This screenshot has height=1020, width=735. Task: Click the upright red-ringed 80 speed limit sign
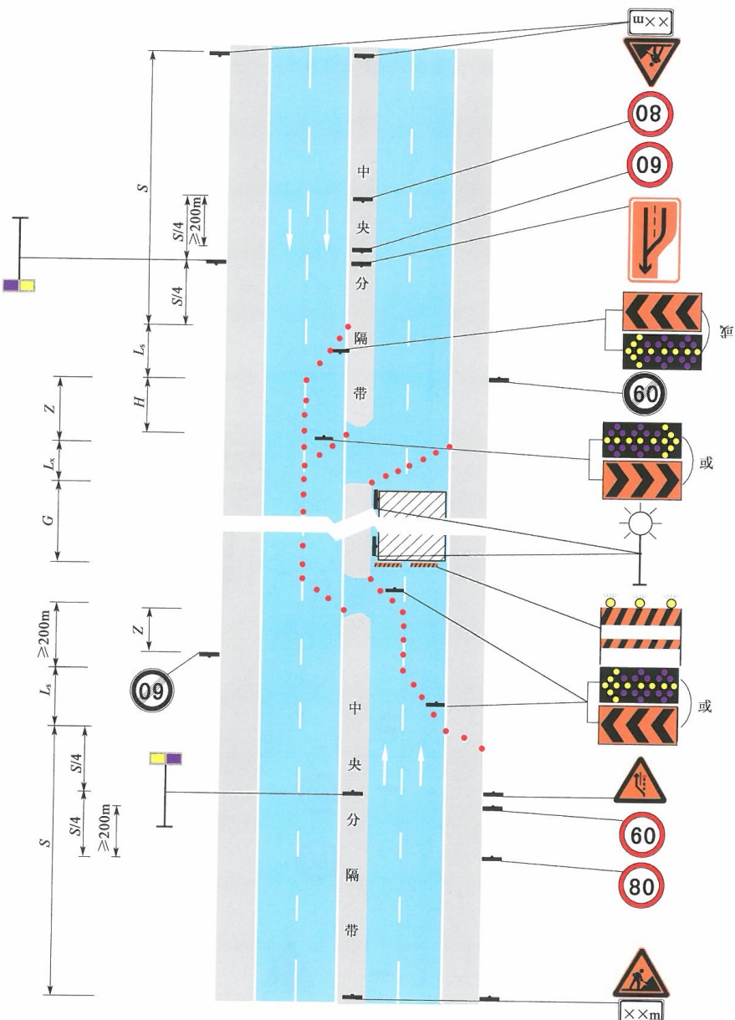(x=641, y=885)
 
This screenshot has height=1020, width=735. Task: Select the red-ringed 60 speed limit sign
(x=642, y=834)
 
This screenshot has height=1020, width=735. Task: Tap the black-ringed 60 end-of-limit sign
(x=645, y=394)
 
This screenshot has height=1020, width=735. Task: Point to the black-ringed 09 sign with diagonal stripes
(x=151, y=691)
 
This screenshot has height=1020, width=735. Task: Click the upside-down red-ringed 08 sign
(x=650, y=114)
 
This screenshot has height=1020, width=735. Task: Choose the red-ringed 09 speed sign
(x=650, y=165)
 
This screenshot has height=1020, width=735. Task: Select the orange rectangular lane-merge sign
(x=654, y=240)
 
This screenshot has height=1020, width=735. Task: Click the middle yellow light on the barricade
(x=640, y=603)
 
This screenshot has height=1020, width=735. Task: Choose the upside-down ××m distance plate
(x=651, y=23)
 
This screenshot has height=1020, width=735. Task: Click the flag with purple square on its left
(x=18, y=285)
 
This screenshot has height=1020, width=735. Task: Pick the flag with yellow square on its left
(x=166, y=758)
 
